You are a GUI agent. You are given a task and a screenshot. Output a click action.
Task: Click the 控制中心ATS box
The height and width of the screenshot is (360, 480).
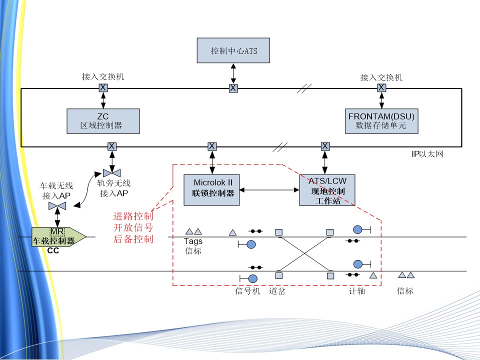tap(233, 50)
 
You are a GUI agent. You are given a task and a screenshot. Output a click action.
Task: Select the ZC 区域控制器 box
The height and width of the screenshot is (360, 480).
tap(103, 121)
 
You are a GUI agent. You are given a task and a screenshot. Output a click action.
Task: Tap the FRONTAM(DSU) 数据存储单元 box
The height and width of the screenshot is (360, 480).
tap(381, 121)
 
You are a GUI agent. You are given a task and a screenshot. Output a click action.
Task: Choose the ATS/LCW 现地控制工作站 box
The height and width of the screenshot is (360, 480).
tap(327, 190)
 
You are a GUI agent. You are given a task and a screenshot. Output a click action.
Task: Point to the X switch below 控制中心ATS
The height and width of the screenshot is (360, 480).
tap(233, 88)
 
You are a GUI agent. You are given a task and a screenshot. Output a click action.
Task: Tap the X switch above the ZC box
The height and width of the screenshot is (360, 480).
tap(103, 87)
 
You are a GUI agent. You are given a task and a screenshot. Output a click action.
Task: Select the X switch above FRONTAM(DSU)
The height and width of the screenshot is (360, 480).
tap(381, 87)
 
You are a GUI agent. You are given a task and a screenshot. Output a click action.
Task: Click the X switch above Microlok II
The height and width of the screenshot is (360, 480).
tap(212, 146)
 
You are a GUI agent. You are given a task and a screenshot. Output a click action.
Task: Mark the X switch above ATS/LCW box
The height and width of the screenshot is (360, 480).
tap(325, 146)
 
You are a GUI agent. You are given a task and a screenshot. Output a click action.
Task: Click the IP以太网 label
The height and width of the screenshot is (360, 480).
tap(424, 154)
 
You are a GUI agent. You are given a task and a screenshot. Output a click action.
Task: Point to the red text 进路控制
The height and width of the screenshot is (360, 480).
tap(133, 216)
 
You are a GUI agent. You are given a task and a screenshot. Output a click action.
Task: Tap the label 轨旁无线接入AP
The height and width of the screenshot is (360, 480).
tap(113, 188)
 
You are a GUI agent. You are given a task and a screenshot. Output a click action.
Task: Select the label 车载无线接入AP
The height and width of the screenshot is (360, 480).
tap(56, 190)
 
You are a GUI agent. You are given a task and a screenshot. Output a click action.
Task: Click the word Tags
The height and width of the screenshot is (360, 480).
tap(193, 241)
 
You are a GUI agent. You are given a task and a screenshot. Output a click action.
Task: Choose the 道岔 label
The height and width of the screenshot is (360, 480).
tap(277, 291)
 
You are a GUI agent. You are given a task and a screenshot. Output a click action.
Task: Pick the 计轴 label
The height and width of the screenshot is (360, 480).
tap(356, 291)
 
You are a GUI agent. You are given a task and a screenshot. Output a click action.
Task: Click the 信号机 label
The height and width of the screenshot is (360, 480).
tap(248, 291)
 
